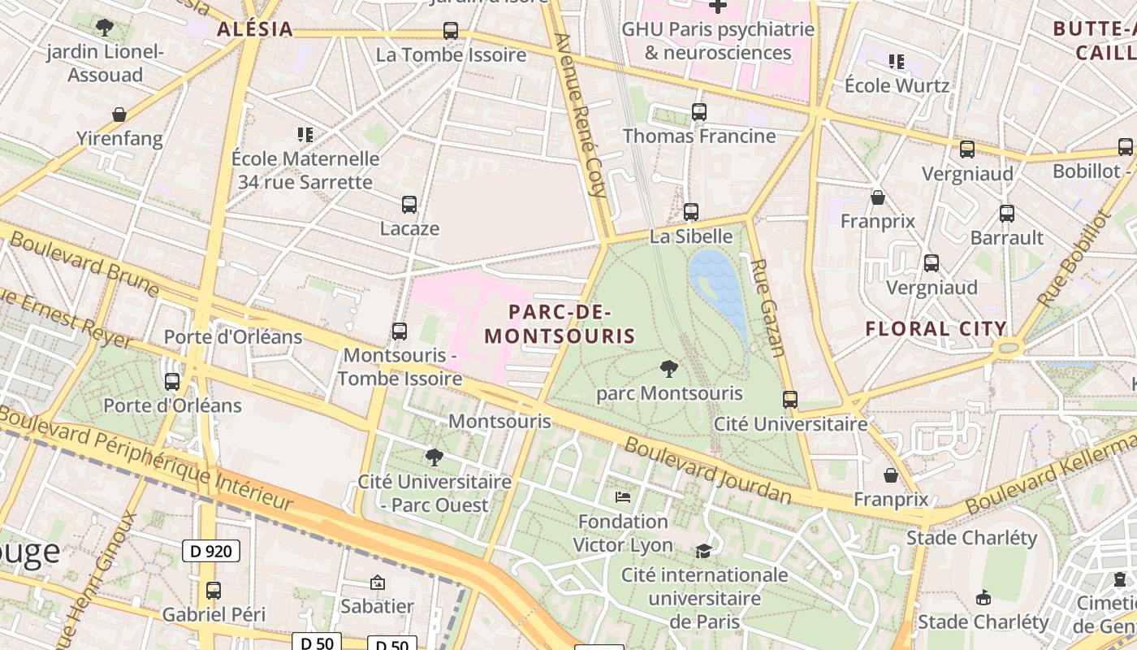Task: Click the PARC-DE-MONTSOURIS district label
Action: [x=560, y=323]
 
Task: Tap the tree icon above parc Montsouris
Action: [x=669, y=370]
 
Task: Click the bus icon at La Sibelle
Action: [x=691, y=212]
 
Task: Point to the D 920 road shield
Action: [x=210, y=551]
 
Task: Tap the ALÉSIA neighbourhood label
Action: [x=254, y=29]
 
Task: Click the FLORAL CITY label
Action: [x=936, y=329]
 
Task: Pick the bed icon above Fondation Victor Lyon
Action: [x=623, y=496]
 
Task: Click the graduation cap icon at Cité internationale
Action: [x=703, y=551]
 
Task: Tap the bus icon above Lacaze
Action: [x=409, y=205]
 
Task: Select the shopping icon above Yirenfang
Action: [x=119, y=115]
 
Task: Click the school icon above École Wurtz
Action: [x=897, y=62]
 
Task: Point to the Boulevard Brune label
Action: [x=84, y=262]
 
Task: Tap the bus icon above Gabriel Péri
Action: [x=214, y=591]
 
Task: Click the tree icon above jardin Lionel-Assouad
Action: [x=104, y=28]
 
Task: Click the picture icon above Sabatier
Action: [x=377, y=583]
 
